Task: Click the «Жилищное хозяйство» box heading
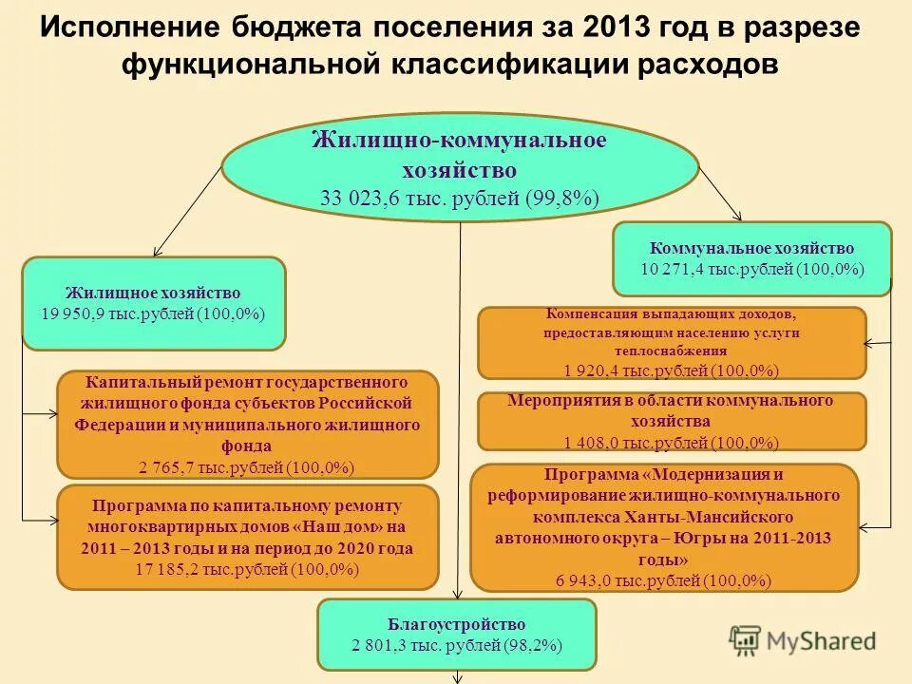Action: tap(153, 293)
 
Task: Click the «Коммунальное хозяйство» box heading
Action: tap(752, 249)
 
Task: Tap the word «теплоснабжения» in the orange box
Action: tap(672, 351)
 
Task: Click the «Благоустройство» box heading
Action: tap(456, 624)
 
